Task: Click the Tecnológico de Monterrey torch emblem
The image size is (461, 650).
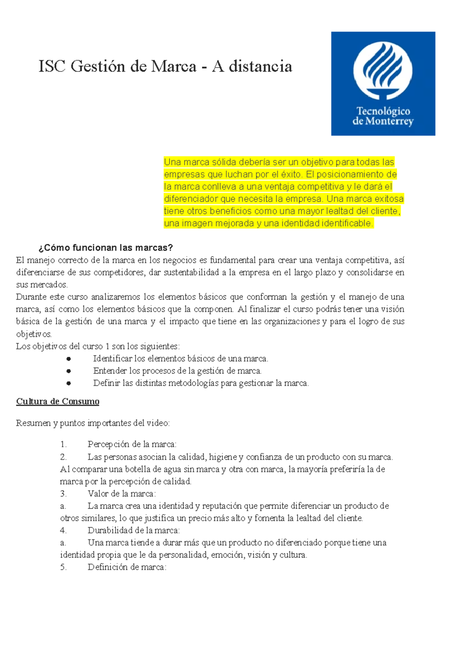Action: [383, 71]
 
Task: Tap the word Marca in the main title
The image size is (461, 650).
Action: [174, 66]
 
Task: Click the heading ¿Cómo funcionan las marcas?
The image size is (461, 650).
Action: [106, 247]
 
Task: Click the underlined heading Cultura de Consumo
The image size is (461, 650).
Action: [58, 401]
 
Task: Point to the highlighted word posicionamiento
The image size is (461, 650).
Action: [351, 174]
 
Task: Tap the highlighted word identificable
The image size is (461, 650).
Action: [347, 223]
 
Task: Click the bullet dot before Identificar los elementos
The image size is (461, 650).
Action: [69, 359]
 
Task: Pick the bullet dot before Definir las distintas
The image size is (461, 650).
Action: [69, 383]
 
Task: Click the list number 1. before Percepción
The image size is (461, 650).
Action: [63, 444]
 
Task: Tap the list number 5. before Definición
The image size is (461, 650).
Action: [63, 567]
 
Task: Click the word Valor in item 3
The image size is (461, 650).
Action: [98, 493]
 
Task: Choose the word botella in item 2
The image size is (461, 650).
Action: [138, 469]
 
